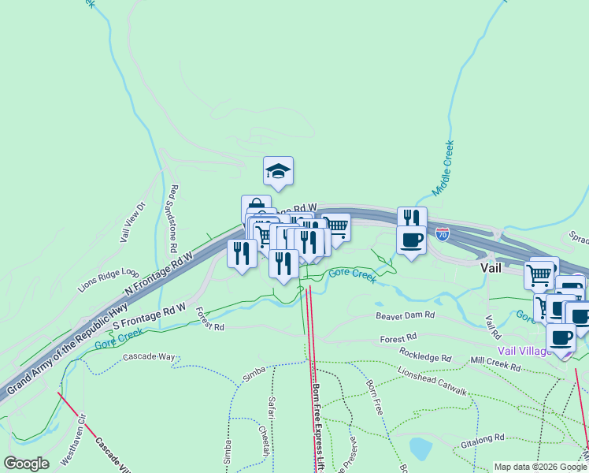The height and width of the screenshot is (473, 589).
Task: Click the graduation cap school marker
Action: coord(278,170)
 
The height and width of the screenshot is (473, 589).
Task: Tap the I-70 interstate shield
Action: coord(443,235)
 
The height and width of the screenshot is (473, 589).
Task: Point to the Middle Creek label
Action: coord(443,168)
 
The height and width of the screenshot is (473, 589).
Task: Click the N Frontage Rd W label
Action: coord(160,274)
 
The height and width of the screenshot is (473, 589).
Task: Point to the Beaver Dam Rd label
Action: coord(405,315)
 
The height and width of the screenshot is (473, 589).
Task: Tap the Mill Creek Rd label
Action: coord(495,364)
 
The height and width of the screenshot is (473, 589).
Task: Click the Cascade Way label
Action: coord(149,357)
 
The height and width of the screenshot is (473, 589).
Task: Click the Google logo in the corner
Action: coord(26,464)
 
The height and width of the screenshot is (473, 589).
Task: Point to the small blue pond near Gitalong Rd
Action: coord(420,449)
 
